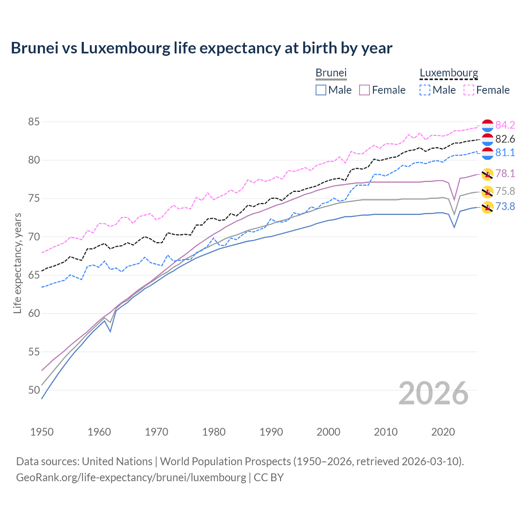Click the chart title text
click(x=201, y=48)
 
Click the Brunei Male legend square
click(x=321, y=90)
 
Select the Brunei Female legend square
click(x=365, y=90)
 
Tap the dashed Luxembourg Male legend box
click(x=425, y=90)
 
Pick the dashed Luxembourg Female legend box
click(x=469, y=90)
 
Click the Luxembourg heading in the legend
click(x=449, y=73)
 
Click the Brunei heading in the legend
click(x=331, y=73)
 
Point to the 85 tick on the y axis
click(x=34, y=122)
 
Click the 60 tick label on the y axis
click(x=34, y=314)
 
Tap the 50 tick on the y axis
click(x=34, y=390)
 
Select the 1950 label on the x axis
click(x=42, y=432)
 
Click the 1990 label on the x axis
click(x=271, y=432)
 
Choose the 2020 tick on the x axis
click(x=443, y=432)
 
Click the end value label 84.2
click(x=505, y=125)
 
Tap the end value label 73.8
click(x=505, y=206)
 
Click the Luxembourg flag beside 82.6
click(x=487, y=139)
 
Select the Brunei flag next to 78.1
click(x=487, y=174)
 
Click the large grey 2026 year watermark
click(x=434, y=393)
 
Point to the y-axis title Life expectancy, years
click(x=18, y=263)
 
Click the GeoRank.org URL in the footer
click(x=131, y=478)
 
